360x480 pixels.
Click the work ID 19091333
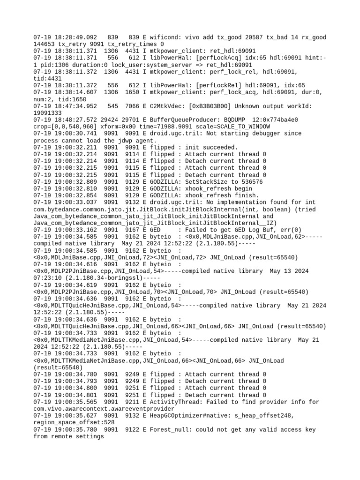[47, 113]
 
